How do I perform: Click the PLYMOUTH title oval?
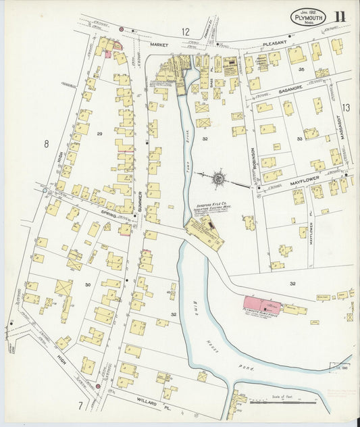coord(309,18)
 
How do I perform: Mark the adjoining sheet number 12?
coord(184,32)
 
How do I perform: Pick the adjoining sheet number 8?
coord(47,143)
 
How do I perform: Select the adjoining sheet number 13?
coord(345,107)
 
